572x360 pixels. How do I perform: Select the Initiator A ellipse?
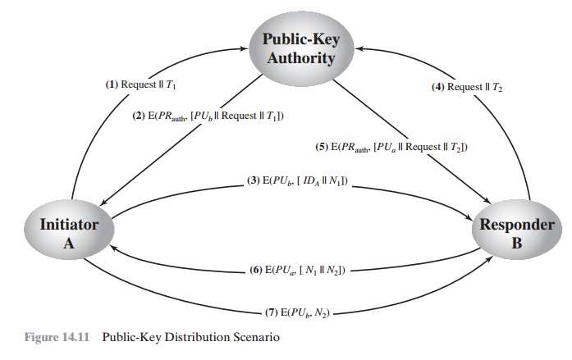(x=70, y=232)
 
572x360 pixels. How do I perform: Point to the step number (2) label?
(x=140, y=116)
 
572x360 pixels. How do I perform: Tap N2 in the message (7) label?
(x=322, y=312)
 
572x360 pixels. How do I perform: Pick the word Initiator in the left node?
(x=70, y=224)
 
